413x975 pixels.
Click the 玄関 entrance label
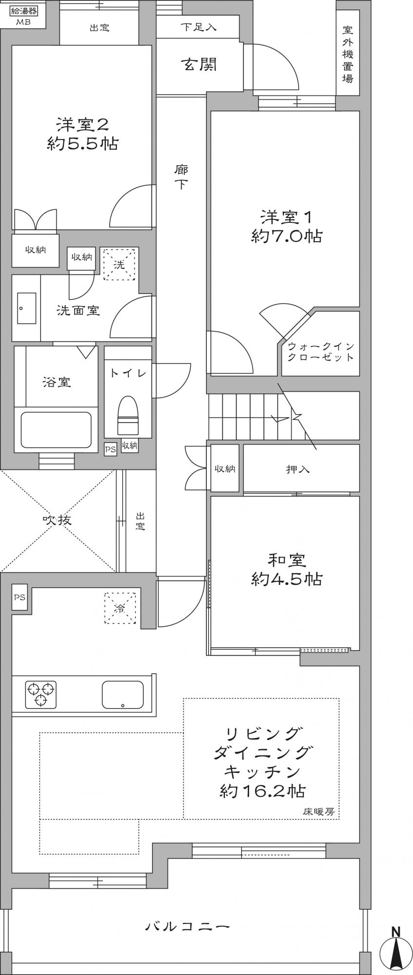(x=199, y=64)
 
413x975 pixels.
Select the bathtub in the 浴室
(x=56, y=429)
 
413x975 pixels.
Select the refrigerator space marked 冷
(x=119, y=608)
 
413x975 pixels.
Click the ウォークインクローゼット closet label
(x=321, y=351)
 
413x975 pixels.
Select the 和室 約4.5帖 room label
(x=286, y=569)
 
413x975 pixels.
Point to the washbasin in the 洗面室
(x=27, y=308)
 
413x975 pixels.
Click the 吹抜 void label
(x=57, y=520)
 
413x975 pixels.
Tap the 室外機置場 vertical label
(x=348, y=54)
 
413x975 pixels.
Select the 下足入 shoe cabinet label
(x=198, y=27)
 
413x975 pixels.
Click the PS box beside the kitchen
(x=20, y=597)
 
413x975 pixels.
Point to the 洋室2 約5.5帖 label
(x=82, y=134)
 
